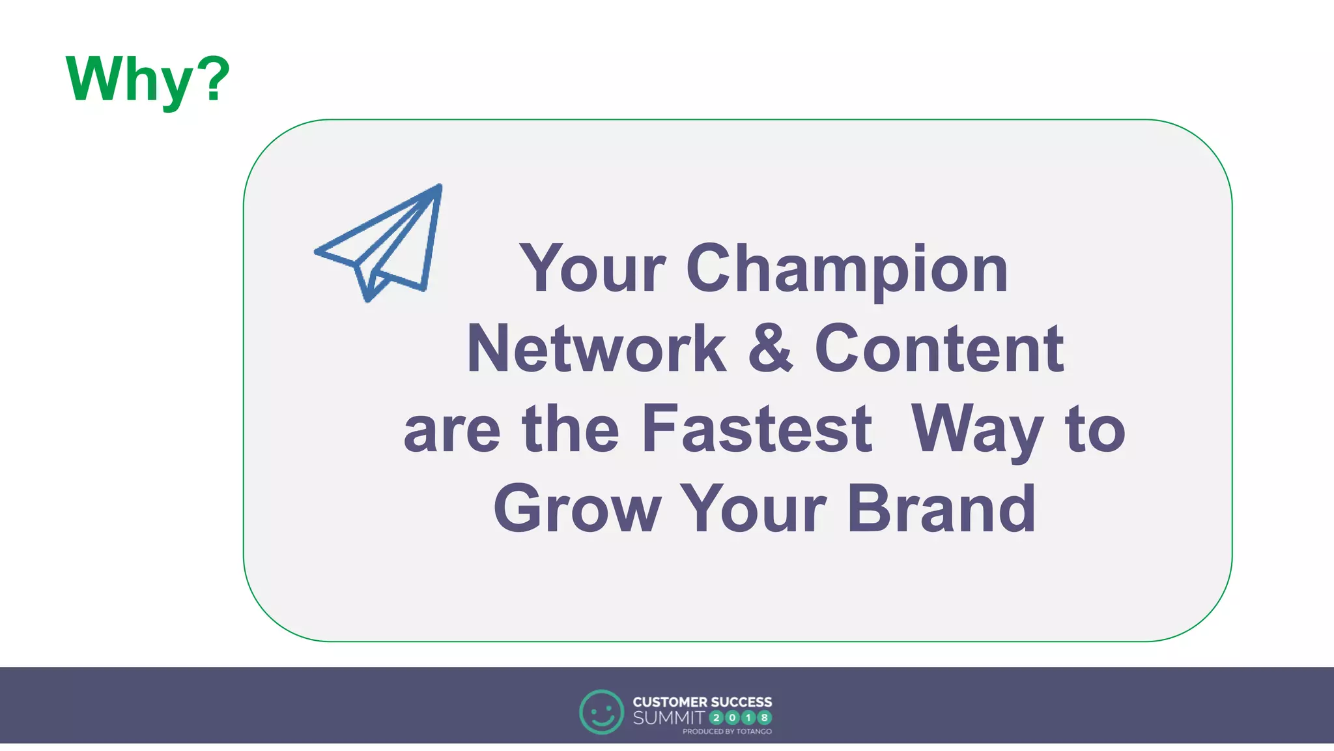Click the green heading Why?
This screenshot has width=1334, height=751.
pyautogui.click(x=148, y=80)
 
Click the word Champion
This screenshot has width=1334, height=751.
pyautogui.click(x=847, y=269)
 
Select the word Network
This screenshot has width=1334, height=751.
pyautogui.click(x=596, y=349)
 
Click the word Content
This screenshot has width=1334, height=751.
pyautogui.click(x=939, y=349)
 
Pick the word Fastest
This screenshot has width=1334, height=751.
pyautogui.click(x=756, y=429)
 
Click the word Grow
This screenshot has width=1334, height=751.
pyautogui.click(x=577, y=509)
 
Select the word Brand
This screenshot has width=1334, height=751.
pyautogui.click(x=941, y=509)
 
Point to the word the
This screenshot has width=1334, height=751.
pyautogui.click(x=570, y=429)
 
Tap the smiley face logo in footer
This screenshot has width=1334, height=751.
pyautogui.click(x=601, y=712)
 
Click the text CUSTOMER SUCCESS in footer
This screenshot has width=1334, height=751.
pyautogui.click(x=702, y=702)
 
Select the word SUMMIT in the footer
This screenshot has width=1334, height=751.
pyautogui.click(x=668, y=718)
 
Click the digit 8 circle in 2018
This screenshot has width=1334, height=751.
pyautogui.click(x=765, y=718)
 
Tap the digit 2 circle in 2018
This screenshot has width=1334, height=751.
pyautogui.click(x=717, y=718)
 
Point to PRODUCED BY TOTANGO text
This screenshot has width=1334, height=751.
pyautogui.click(x=727, y=731)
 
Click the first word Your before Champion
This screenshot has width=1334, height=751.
pyautogui.click(x=592, y=269)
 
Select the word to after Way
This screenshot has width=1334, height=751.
pyautogui.click(x=1094, y=430)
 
